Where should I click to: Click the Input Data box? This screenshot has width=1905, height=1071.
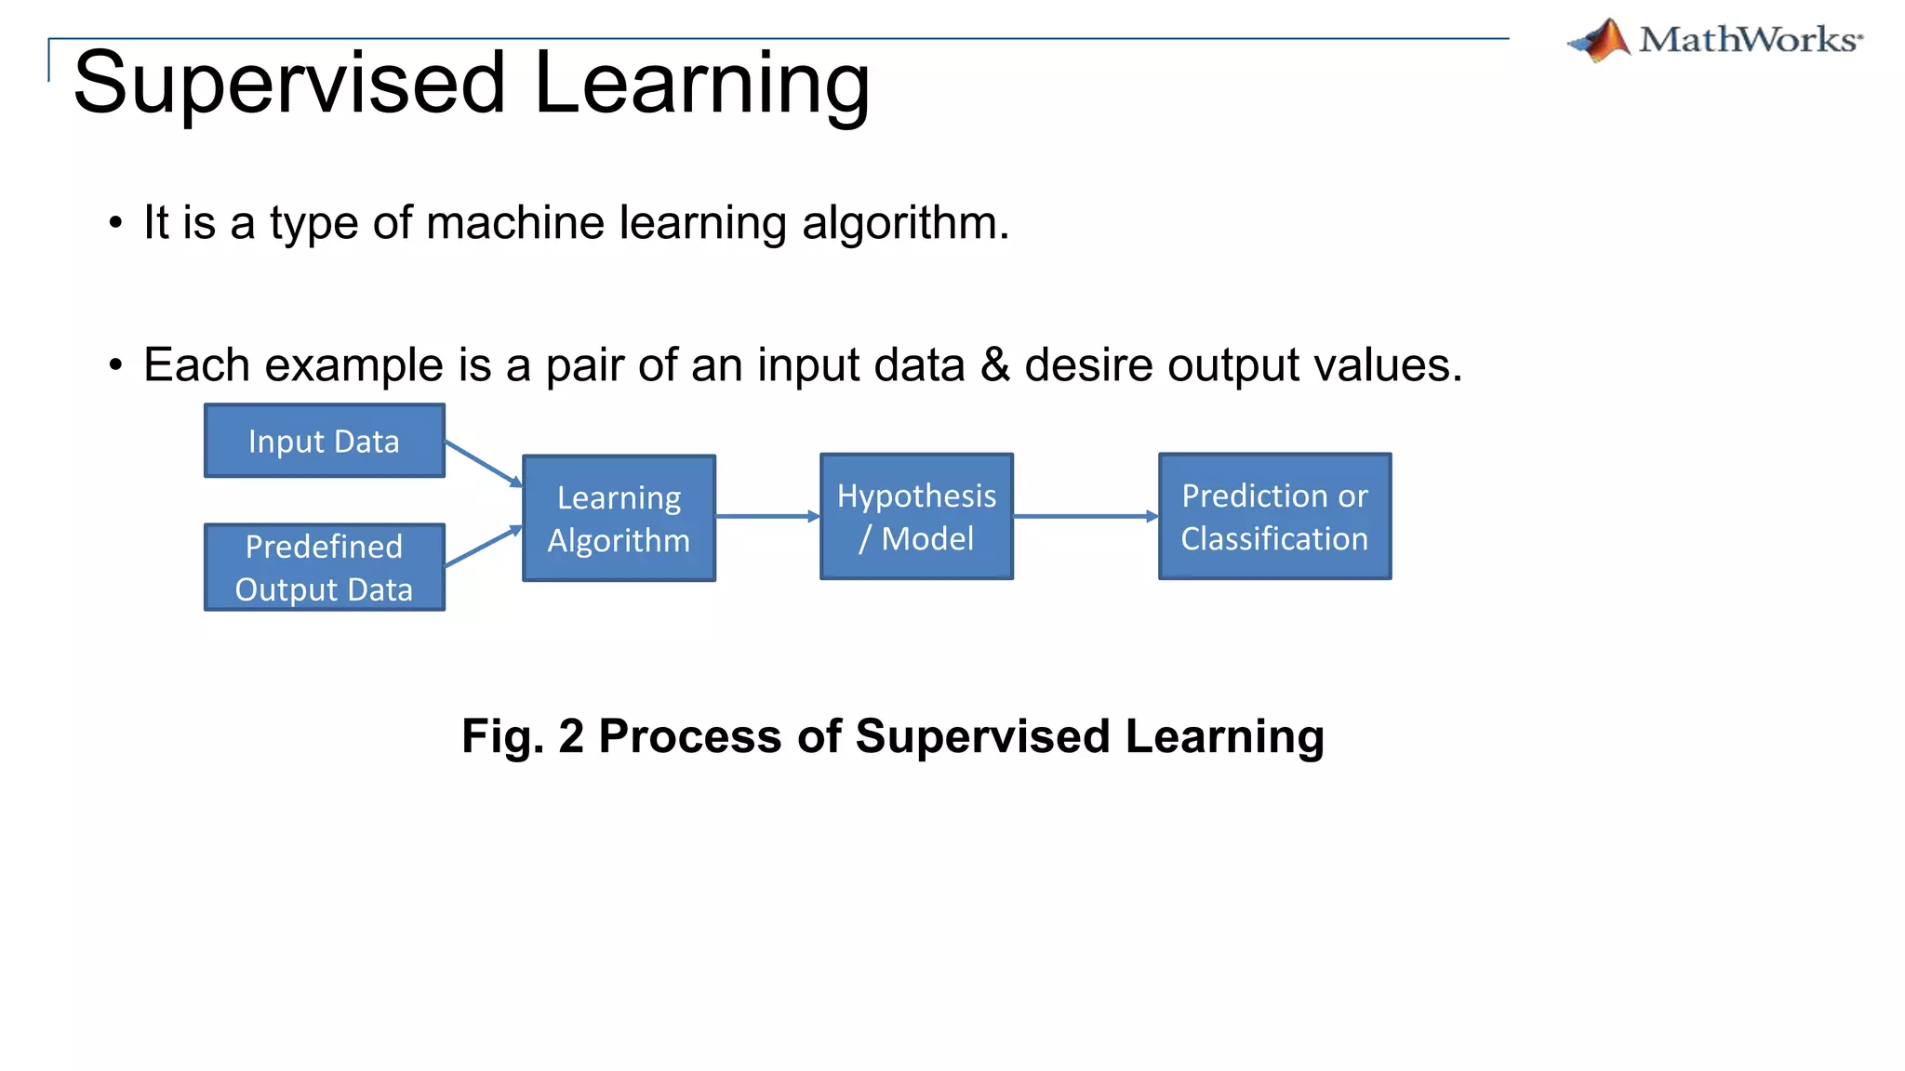(324, 441)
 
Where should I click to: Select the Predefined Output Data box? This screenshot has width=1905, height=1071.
(324, 567)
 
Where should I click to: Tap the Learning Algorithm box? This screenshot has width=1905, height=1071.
(619, 519)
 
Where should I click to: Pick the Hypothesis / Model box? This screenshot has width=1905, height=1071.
(916, 517)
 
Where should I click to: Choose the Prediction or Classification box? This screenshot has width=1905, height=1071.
(1274, 517)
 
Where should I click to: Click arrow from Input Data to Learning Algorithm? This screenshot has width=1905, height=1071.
(483, 463)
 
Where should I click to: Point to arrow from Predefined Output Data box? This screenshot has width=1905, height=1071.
(483, 547)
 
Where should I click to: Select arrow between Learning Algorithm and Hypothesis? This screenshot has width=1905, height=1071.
(766, 516)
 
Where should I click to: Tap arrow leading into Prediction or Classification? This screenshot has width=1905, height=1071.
(1085, 516)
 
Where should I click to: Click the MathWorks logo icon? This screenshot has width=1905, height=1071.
(1601, 41)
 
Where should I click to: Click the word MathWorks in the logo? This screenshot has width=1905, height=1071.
(1749, 41)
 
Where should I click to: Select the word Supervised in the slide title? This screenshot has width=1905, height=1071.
(289, 84)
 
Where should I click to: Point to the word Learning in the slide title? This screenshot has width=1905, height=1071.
(702, 84)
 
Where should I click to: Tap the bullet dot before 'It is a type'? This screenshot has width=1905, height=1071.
(115, 223)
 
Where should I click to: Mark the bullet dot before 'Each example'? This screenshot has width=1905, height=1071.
(115, 364)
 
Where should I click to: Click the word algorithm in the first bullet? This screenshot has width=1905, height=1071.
(904, 223)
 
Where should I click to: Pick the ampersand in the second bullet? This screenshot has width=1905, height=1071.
(994, 364)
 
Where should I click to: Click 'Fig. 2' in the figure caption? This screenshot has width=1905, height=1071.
(522, 736)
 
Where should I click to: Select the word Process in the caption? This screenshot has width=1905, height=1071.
(689, 736)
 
